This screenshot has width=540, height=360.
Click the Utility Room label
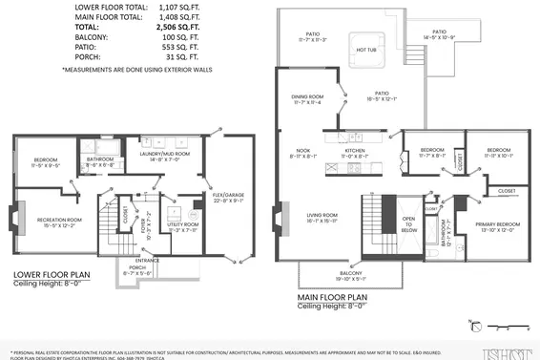181,227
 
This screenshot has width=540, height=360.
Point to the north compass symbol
473,323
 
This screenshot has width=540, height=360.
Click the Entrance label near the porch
147,259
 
